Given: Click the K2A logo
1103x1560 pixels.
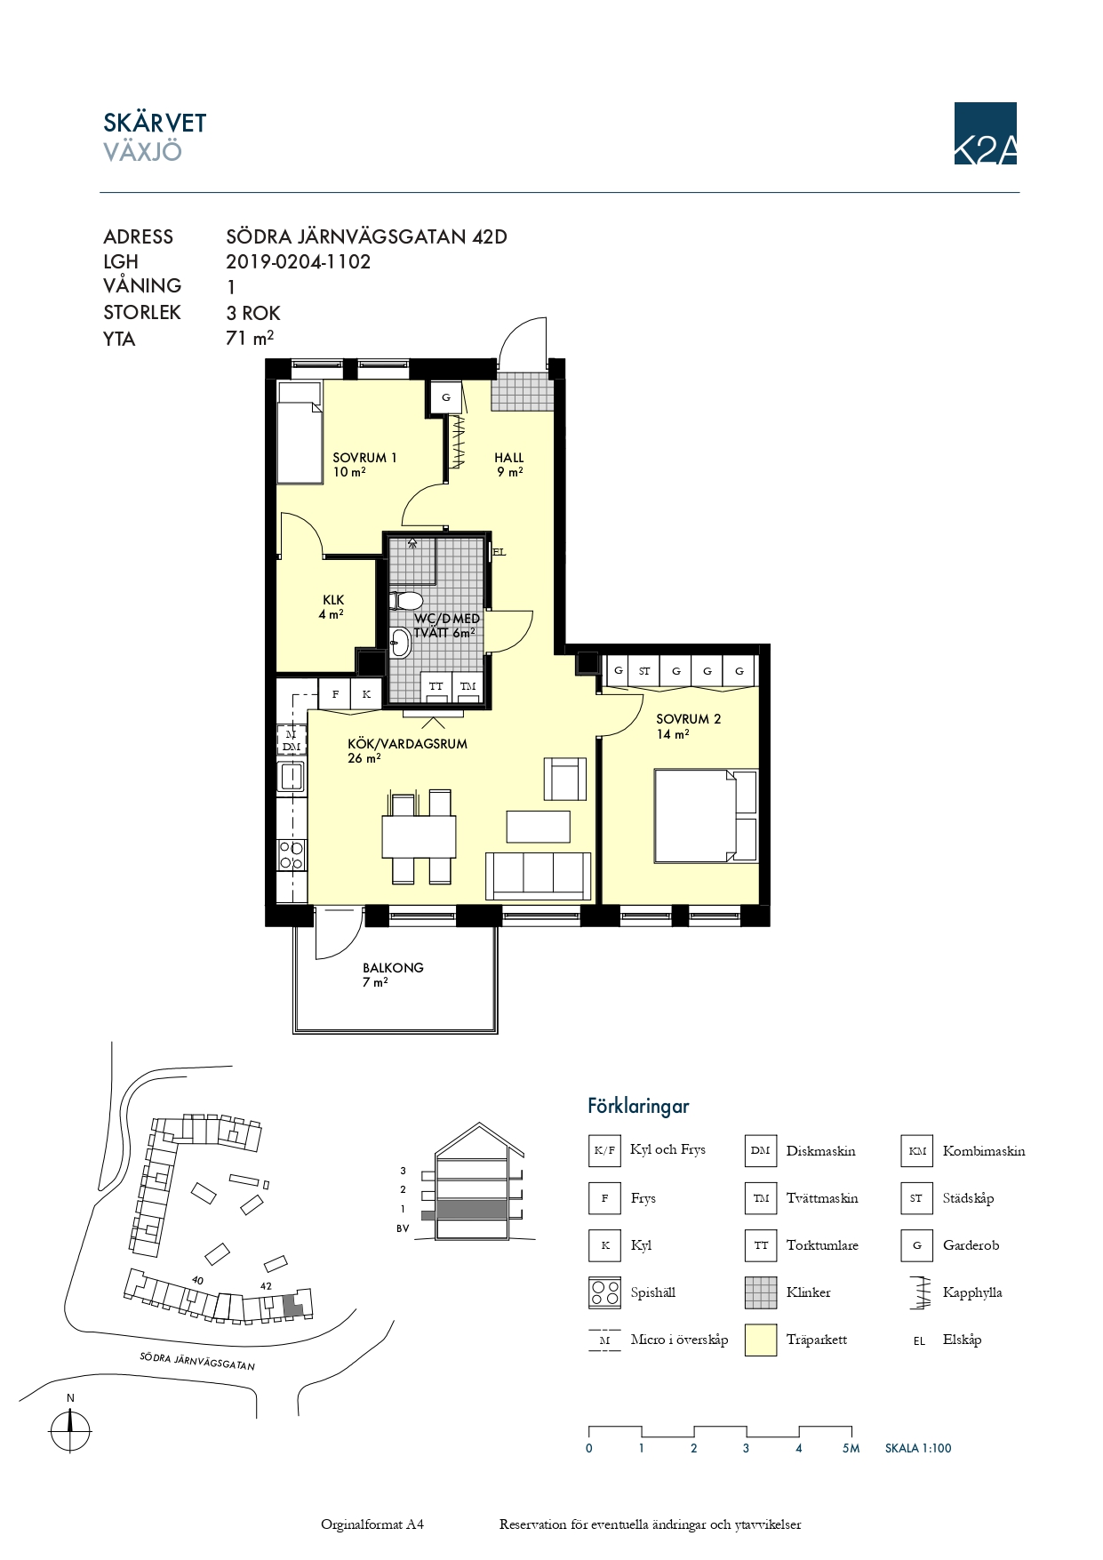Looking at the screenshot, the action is [985, 133].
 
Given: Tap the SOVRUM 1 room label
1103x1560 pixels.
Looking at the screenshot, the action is [364, 458].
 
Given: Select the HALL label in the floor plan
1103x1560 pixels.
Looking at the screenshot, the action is [509, 458].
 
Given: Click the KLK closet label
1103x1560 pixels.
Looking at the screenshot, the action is [333, 600].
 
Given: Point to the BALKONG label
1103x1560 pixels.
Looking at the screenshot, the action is [393, 968].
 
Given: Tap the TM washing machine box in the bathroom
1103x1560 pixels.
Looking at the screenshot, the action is [468, 686].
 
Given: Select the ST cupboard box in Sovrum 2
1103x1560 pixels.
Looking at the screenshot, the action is [644, 671].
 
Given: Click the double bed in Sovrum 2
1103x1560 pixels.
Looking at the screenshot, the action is [706, 816].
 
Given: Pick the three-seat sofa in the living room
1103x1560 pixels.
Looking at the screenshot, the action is [538, 875].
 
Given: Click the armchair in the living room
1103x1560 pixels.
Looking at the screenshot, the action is [565, 779].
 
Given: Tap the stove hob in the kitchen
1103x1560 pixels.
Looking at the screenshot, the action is [292, 854].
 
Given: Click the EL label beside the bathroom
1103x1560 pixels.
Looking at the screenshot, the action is [500, 552].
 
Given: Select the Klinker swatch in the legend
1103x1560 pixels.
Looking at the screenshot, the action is [761, 1292].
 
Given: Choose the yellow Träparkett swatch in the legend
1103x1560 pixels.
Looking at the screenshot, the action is [761, 1340].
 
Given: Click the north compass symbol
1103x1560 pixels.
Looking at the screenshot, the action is [70, 1431].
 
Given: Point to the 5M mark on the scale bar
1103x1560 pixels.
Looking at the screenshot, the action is [851, 1448].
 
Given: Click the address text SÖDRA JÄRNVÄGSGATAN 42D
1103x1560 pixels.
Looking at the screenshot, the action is [366, 236].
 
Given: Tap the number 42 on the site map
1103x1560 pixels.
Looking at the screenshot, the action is [266, 1285].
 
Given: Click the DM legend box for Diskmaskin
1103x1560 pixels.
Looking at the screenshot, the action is [761, 1150].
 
